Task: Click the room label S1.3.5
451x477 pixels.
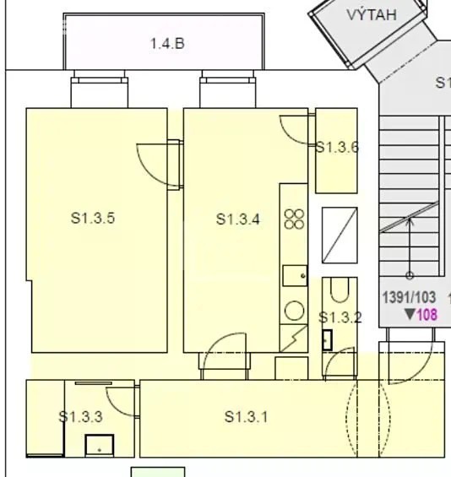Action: tap(93, 218)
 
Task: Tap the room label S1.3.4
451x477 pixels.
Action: tap(238, 219)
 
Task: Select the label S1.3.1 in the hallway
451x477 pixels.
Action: tap(247, 417)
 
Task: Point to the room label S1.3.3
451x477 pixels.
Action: tap(80, 417)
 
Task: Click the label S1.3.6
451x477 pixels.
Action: tap(337, 147)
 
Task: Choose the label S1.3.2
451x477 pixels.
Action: tap(340, 317)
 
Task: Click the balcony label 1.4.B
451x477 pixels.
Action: tap(167, 44)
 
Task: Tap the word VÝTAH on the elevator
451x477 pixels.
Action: tap(372, 14)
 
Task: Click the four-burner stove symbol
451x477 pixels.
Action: tap(294, 219)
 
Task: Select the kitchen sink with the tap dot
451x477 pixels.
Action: tap(295, 275)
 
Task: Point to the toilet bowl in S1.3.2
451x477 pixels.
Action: tap(340, 290)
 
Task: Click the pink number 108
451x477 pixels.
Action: tap(427, 315)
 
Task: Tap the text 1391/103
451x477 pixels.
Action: tap(409, 297)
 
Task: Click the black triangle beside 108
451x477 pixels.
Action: tap(410, 314)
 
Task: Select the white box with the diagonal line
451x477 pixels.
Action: tap(340, 236)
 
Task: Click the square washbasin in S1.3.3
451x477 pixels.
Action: tap(100, 446)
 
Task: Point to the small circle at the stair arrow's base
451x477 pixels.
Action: tap(410, 275)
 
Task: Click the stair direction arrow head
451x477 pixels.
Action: tap(410, 220)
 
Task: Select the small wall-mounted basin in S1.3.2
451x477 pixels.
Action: tap(327, 340)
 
